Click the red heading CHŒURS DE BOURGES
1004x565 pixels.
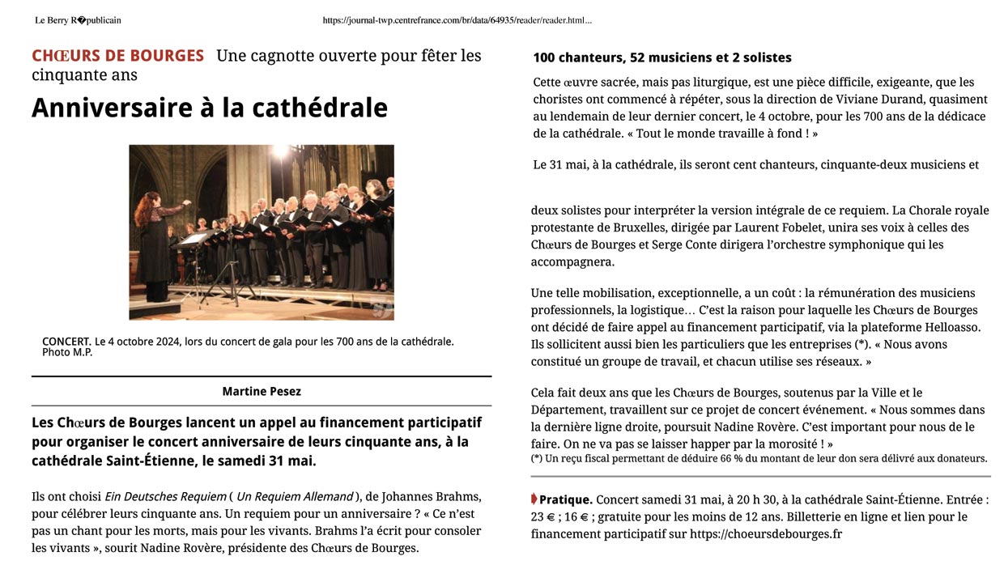[x=117, y=56]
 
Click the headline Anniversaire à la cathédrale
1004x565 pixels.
[x=209, y=108]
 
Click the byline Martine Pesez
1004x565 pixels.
[x=262, y=392]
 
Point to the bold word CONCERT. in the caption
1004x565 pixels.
[x=66, y=342]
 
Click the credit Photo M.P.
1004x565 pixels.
[x=67, y=352]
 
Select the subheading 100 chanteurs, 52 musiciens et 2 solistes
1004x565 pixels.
[x=662, y=57]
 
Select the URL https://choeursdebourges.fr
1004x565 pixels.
[x=766, y=534]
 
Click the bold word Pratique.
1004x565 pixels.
[x=565, y=499]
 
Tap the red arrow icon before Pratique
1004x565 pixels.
[x=534, y=499]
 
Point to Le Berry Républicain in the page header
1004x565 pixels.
[x=78, y=20]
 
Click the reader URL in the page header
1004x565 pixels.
[x=457, y=20]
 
